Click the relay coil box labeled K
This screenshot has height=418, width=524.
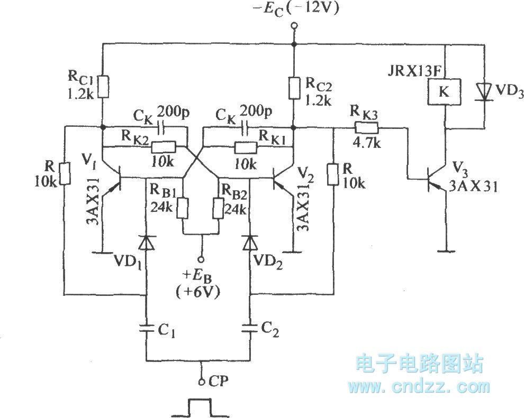click(444, 91)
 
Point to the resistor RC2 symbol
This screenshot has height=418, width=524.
click(292, 87)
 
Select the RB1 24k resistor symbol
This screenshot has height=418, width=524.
click(184, 208)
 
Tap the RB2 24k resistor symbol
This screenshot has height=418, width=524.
click(218, 208)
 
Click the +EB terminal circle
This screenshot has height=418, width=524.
click(201, 259)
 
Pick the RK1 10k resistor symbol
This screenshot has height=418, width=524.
click(244, 146)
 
